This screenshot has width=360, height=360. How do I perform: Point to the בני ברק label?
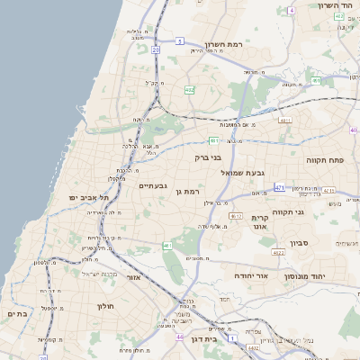(x=208, y=157)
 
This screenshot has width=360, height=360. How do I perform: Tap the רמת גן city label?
(x=186, y=191)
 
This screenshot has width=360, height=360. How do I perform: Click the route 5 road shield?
(x=180, y=41)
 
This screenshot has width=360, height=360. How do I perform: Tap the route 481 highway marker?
(x=213, y=140)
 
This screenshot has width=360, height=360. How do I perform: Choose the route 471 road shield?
(x=280, y=188)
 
